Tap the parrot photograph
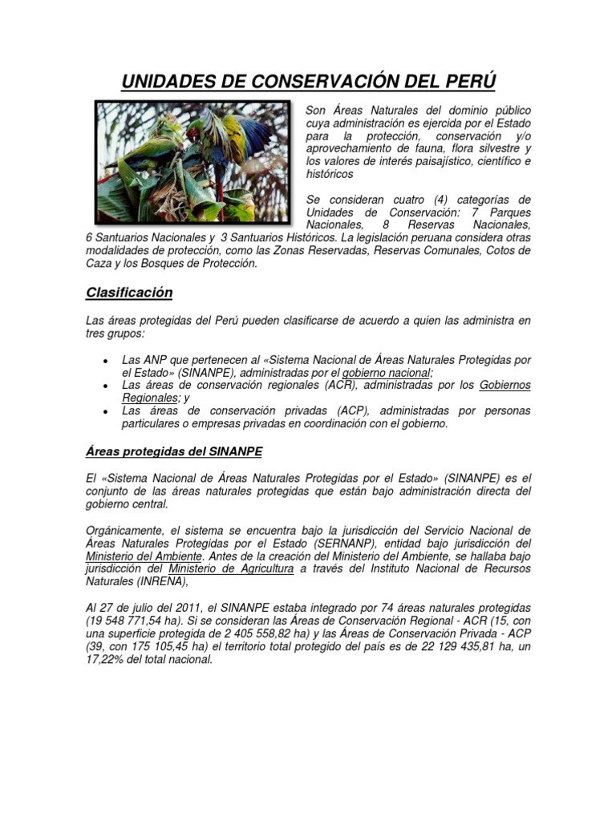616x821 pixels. click(x=192, y=161)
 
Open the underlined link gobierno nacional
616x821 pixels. click(x=387, y=373)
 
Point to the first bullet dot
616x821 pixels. click(x=105, y=361)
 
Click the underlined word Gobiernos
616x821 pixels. click(x=505, y=386)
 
